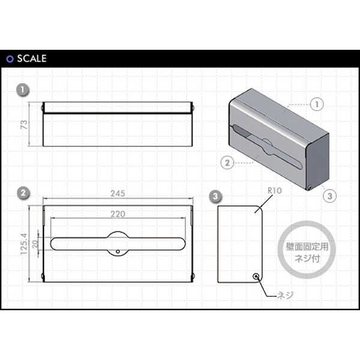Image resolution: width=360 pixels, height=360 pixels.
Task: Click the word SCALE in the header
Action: point(32,59)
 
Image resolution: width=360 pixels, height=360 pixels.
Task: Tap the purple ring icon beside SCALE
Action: point(10,59)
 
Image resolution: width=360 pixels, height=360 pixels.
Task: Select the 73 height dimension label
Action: point(24,124)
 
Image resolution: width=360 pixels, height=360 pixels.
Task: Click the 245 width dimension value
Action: point(118,194)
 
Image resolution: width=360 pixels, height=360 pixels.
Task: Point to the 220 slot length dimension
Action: point(118,214)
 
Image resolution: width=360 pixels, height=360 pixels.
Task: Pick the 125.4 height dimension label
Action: point(24,244)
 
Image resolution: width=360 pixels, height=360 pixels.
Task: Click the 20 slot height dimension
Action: point(35,244)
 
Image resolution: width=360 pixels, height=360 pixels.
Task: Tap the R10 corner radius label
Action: point(275,190)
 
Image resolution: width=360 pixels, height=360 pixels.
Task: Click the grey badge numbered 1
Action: point(23,89)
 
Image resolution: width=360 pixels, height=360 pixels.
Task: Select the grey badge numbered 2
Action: point(23,193)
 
